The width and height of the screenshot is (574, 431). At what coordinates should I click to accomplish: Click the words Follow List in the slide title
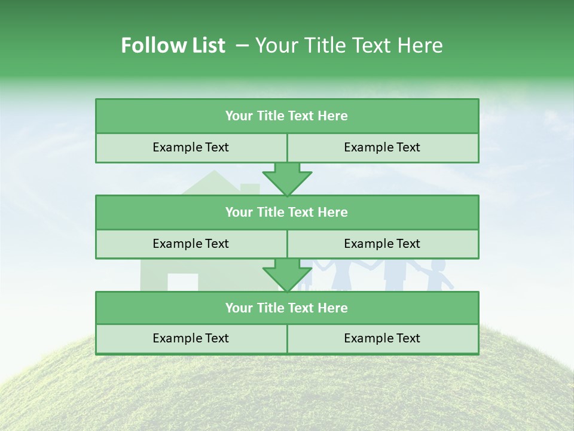tap(173, 45)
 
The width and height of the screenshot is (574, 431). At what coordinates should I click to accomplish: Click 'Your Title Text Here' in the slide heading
tap(349, 45)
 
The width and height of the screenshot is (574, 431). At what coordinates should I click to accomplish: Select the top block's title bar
tap(287, 116)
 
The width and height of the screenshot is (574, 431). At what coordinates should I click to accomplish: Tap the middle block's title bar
tap(287, 212)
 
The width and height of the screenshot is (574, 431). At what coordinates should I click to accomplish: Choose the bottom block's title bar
tap(287, 308)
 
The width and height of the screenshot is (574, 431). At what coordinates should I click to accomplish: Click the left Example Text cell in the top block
tap(191, 147)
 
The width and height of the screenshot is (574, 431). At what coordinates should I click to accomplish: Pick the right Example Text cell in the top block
tap(382, 147)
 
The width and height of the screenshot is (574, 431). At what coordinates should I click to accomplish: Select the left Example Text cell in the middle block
tap(191, 244)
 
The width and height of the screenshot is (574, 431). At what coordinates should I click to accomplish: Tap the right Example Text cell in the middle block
tap(382, 244)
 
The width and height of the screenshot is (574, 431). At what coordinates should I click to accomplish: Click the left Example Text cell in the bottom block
tap(191, 338)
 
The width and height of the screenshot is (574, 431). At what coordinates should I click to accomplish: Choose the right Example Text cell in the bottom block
tap(382, 338)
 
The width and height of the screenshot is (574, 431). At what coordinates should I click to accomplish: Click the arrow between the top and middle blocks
tap(287, 179)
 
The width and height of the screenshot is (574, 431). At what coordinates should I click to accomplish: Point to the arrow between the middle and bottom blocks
tap(287, 275)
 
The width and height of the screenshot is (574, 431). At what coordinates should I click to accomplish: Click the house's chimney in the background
tap(250, 188)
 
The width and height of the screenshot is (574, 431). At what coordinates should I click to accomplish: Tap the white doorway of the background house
tap(182, 282)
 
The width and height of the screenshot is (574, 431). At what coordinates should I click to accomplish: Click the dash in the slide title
tap(242, 45)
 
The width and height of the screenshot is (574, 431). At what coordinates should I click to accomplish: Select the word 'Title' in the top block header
tap(285, 116)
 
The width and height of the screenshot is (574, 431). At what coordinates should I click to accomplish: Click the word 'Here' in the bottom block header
tap(333, 308)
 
